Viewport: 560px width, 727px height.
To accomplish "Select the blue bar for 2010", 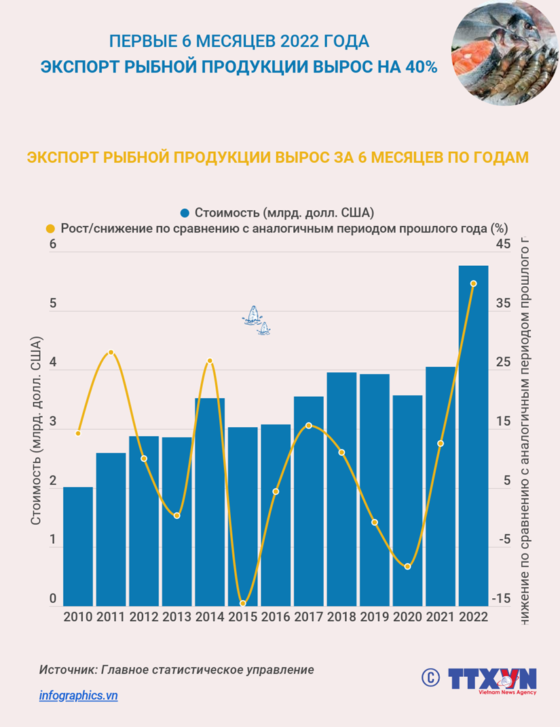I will pyautogui.click(x=78, y=546).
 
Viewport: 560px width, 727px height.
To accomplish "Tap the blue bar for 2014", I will pyautogui.click(x=210, y=502).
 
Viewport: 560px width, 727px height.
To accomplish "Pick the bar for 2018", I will pyautogui.click(x=341, y=488).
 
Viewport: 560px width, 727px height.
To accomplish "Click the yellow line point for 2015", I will pyautogui.click(x=242, y=603).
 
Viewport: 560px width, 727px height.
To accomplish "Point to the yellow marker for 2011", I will pyautogui.click(x=111, y=352).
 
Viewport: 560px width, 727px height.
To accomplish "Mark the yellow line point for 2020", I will pyautogui.click(x=407, y=566).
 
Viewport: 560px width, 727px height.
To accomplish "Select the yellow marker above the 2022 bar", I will pyautogui.click(x=474, y=283).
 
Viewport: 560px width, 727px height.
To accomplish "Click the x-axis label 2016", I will pyautogui.click(x=276, y=617).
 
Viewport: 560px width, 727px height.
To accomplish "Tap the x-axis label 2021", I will pyautogui.click(x=441, y=617).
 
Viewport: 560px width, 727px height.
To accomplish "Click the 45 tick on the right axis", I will pyautogui.click(x=504, y=244).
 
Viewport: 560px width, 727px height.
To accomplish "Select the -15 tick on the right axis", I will pyautogui.click(x=502, y=598).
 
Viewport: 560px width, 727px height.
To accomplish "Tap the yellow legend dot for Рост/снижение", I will pyautogui.click(x=50, y=228).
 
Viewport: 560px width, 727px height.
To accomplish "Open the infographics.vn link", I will pyautogui.click(x=79, y=695).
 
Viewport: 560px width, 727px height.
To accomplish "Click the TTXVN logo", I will pyautogui.click(x=492, y=680).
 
